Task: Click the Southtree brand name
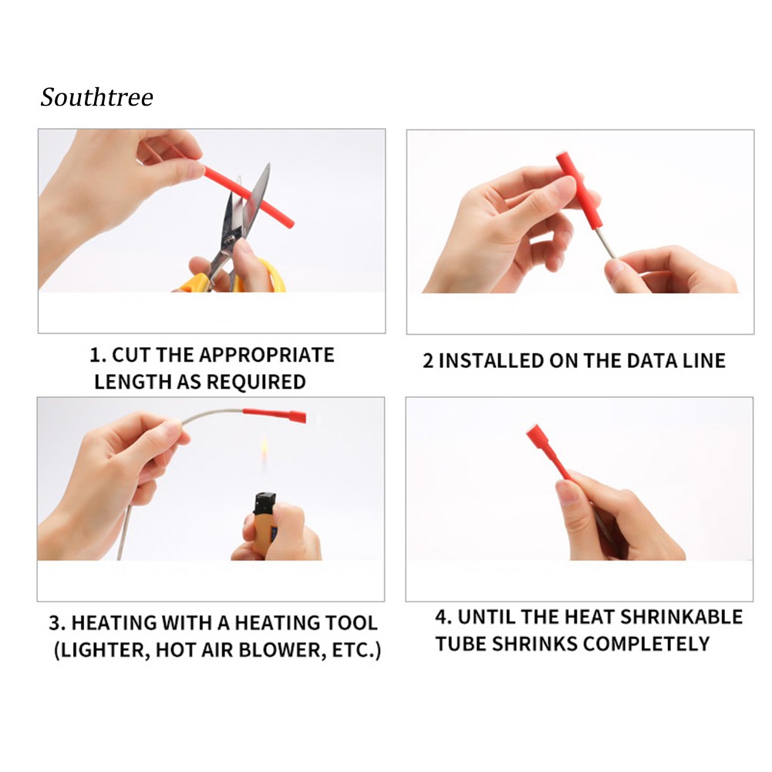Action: pos(97,97)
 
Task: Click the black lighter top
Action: pos(265,503)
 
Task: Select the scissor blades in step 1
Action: pos(246,207)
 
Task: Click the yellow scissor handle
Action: pos(231,278)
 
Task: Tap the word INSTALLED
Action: pos(491,361)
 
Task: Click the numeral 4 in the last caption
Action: pos(441,617)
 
